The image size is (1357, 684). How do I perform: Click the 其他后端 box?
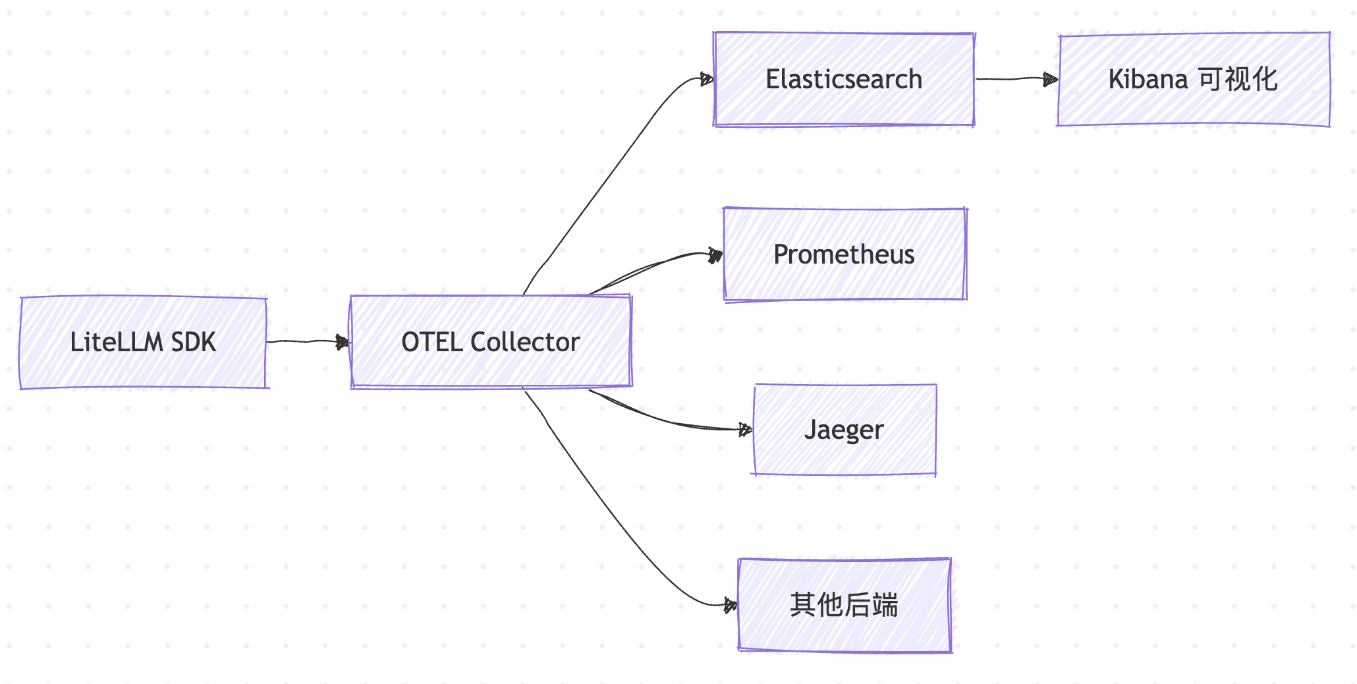point(845,629)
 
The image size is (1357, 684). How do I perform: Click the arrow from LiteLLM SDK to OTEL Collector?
point(306,341)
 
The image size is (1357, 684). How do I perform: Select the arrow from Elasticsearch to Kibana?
point(1014,78)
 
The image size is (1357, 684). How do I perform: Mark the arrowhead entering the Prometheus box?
point(715,255)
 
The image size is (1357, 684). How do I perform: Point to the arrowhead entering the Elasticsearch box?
point(707,79)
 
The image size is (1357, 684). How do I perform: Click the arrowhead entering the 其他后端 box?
point(730,605)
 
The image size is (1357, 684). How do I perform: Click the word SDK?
point(193,342)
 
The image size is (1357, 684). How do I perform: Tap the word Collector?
point(525,342)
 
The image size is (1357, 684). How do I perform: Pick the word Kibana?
point(1148,79)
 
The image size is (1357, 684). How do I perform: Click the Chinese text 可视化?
point(1238,79)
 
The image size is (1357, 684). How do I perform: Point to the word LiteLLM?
point(116,342)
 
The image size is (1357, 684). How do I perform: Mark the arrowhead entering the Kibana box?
point(1051,80)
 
